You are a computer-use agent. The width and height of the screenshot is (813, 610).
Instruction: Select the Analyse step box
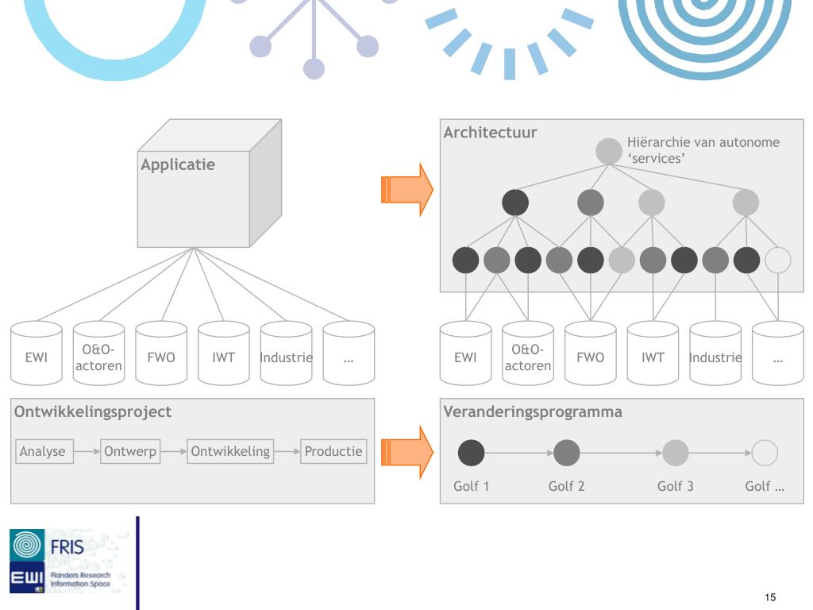coord(43,452)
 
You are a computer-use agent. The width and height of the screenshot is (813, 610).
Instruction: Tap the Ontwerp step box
coord(130,452)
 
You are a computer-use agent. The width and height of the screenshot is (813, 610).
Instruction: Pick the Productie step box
coord(334,452)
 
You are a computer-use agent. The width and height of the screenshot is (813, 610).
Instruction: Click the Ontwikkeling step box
coord(230,452)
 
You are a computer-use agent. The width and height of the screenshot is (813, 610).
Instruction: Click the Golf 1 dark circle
coord(472,453)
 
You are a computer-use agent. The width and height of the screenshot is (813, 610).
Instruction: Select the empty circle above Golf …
coord(765,453)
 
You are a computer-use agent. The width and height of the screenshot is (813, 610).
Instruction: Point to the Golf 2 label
coord(566,486)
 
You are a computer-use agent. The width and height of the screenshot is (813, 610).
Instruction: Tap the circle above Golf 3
coord(675,453)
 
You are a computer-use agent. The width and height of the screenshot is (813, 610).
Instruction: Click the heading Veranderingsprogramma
coord(532,412)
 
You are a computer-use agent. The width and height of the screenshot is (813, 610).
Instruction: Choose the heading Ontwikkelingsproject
coord(92,412)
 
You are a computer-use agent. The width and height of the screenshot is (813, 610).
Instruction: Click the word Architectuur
coord(490,133)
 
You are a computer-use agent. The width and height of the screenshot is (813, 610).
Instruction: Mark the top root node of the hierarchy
coord(609,151)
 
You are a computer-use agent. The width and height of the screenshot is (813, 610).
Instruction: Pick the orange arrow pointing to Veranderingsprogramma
coord(406,453)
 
